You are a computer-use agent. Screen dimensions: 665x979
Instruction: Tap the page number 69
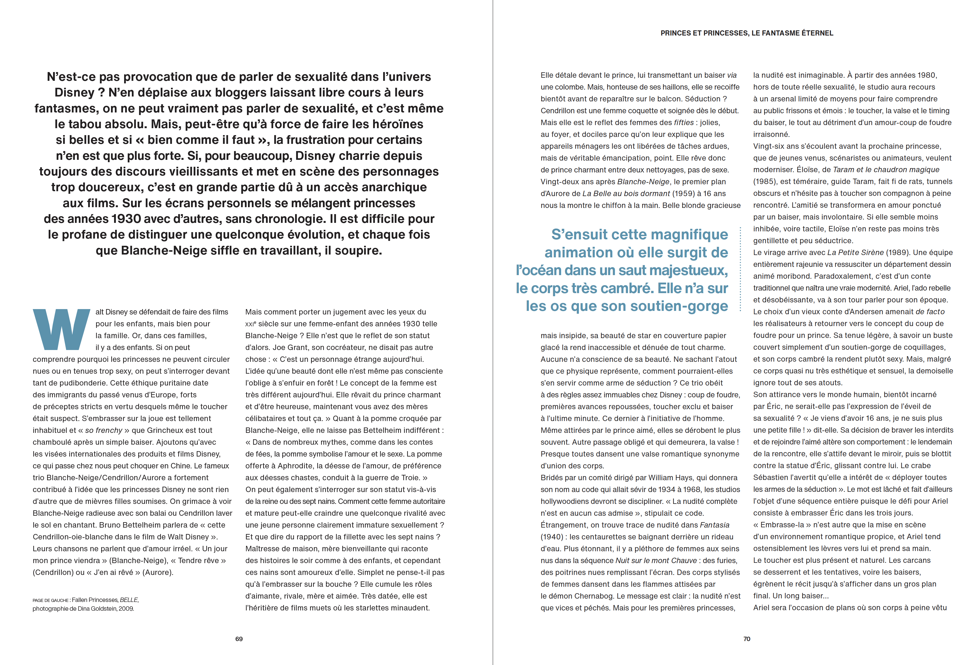click(x=239, y=639)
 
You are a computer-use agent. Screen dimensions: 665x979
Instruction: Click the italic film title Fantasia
click(x=715, y=525)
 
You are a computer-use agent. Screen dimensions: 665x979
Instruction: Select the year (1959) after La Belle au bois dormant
click(x=683, y=193)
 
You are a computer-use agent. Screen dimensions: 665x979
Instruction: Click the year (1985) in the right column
click(x=765, y=181)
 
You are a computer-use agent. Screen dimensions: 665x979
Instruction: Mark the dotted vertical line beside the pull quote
click(x=740, y=269)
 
